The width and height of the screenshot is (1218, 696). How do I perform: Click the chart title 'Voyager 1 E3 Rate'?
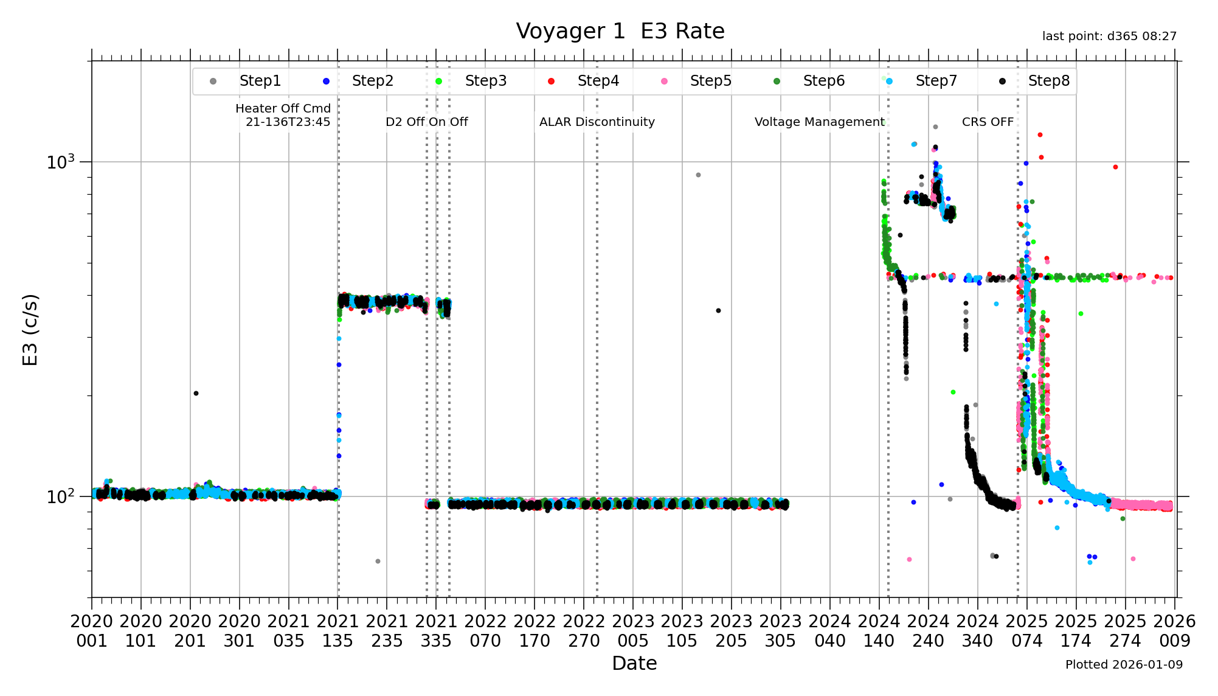click(x=620, y=31)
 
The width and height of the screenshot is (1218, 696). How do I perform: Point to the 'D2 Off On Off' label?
click(x=426, y=122)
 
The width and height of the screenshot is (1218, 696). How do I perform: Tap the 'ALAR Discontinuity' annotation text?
click(x=597, y=122)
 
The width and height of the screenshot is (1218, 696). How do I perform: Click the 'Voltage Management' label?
click(x=819, y=122)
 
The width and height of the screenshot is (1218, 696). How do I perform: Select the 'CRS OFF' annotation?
click(x=988, y=122)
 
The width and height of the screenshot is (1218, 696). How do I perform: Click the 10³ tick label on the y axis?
click(x=61, y=162)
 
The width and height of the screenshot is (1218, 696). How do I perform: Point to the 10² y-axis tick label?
click(x=61, y=496)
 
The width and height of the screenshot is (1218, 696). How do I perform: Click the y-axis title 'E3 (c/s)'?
click(x=30, y=330)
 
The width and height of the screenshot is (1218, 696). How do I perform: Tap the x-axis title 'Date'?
click(x=634, y=663)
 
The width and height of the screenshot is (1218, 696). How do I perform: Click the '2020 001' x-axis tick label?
click(x=92, y=631)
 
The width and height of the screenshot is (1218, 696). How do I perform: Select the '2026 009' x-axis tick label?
click(x=1174, y=631)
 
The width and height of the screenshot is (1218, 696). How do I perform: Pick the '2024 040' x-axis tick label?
click(x=830, y=631)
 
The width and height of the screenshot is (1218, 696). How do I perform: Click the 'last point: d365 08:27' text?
click(x=1109, y=36)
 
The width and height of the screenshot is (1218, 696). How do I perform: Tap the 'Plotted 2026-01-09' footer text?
click(x=1124, y=664)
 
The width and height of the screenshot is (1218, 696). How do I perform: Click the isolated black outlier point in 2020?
click(x=196, y=393)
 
